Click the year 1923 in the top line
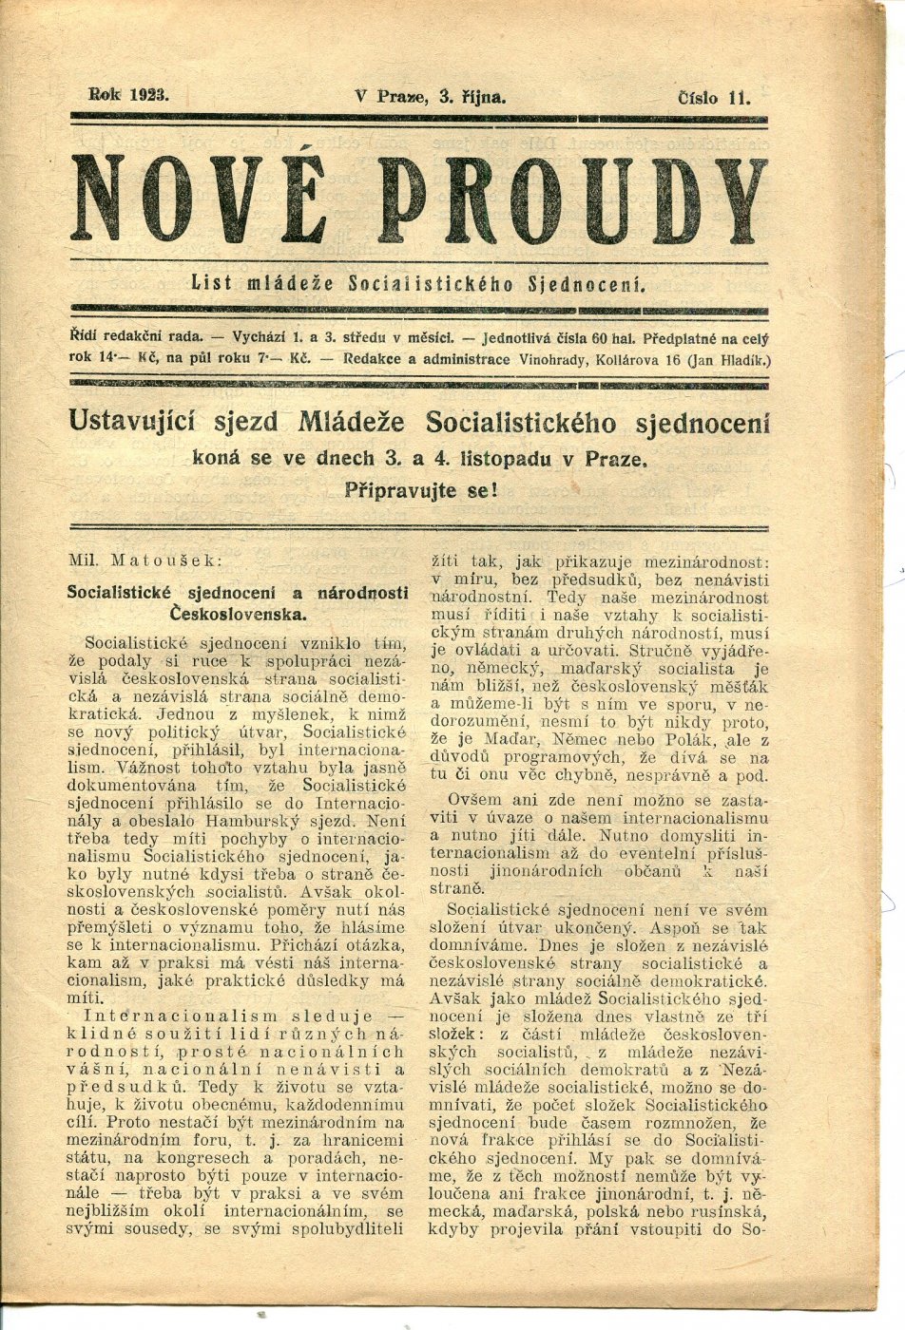click(145, 94)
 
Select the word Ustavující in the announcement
click(147, 422)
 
